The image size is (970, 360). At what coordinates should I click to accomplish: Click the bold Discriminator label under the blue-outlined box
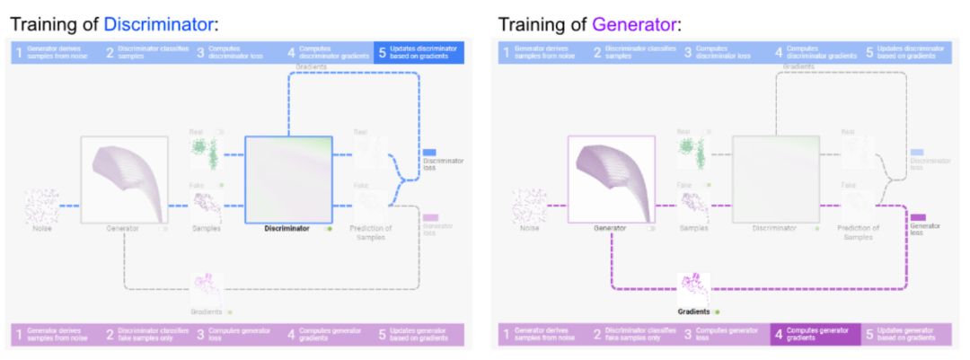[287, 229]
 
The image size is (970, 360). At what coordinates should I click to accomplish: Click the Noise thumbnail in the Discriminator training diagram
[41, 206]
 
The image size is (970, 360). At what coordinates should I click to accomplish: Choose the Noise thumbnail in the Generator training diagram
[529, 206]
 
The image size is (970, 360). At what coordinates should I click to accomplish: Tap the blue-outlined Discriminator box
[288, 179]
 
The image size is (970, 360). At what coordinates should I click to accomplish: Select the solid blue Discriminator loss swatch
[429, 153]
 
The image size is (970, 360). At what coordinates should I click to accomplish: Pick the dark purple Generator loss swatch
[918, 217]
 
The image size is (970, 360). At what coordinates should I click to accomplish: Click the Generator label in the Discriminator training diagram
[122, 229]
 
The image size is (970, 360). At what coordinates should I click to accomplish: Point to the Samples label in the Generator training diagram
[692, 229]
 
